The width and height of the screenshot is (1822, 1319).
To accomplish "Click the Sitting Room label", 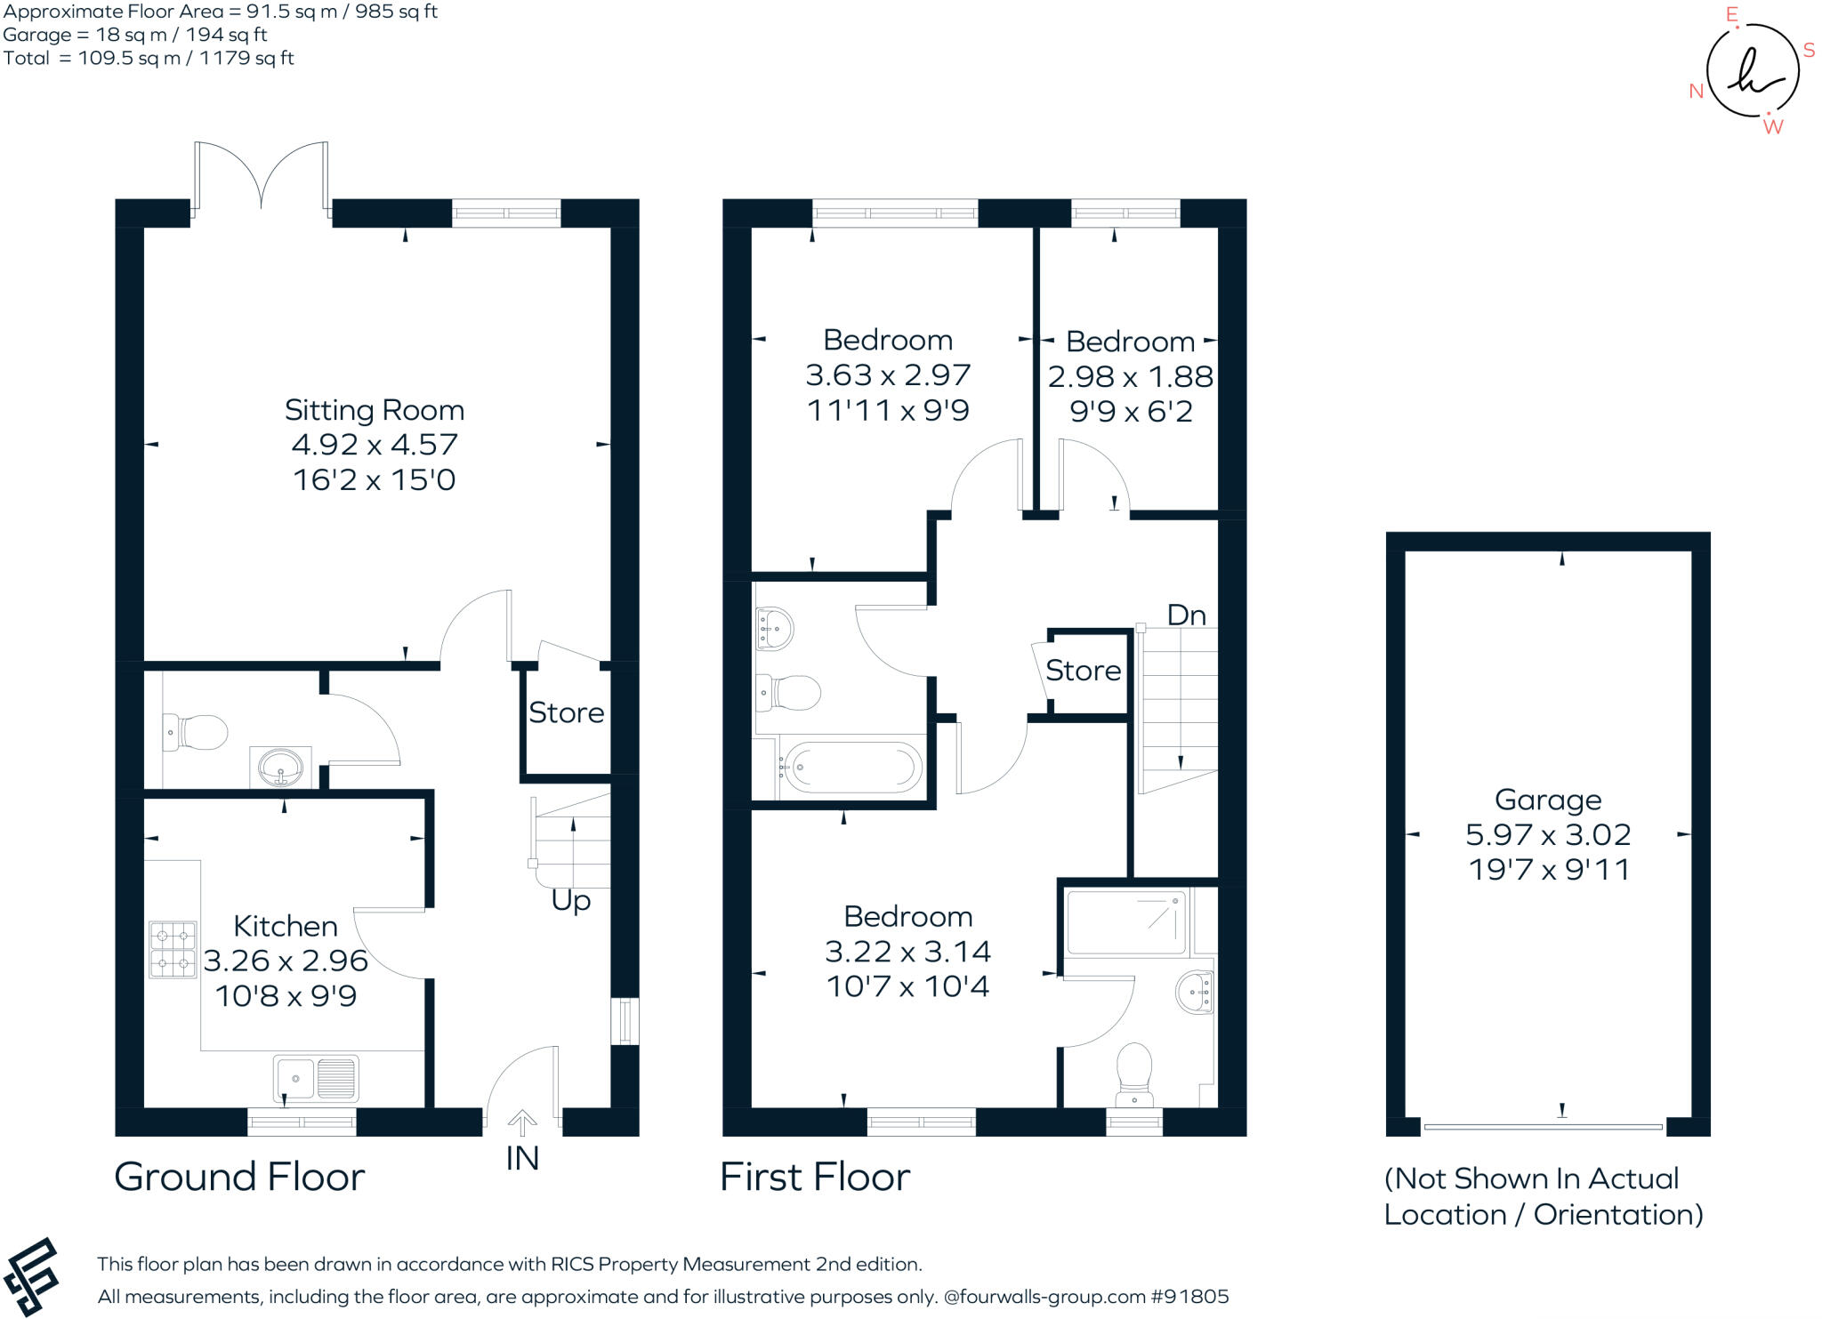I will click(374, 410).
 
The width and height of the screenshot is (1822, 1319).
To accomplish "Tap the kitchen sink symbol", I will click(316, 1078).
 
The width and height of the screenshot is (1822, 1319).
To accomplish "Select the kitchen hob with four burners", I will click(173, 950).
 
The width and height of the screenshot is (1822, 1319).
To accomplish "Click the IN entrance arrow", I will click(522, 1124).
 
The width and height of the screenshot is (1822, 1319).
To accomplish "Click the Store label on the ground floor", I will click(566, 712).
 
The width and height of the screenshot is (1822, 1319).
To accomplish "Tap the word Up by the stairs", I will click(570, 900).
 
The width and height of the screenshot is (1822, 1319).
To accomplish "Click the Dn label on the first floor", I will click(1186, 615).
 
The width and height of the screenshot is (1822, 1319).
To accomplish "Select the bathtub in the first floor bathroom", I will click(851, 767).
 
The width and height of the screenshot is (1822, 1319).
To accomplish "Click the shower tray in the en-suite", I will click(1126, 922).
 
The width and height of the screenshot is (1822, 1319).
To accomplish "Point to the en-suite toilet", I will click(1134, 1072).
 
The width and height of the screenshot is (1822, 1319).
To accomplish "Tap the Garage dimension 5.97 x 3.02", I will click(1548, 834).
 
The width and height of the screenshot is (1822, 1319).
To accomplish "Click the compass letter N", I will click(1696, 91).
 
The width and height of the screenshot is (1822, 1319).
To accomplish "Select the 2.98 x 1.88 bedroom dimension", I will click(1130, 376).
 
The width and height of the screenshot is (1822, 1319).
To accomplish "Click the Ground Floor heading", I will click(239, 1177).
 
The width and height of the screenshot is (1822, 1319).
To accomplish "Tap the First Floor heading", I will click(814, 1177).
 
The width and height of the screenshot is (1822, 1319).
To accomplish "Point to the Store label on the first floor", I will click(1083, 670).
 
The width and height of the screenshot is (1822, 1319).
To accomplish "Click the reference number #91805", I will click(1189, 1296).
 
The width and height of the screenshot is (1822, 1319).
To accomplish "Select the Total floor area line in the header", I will click(149, 58).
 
